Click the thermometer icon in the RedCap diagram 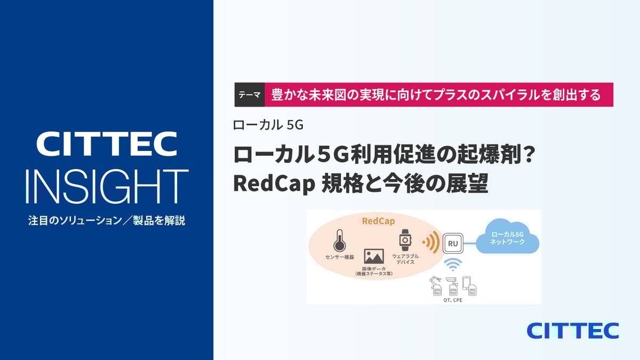click(x=339, y=241)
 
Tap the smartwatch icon click(x=405, y=240)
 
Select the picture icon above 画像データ click(x=374, y=257)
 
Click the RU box click(x=453, y=243)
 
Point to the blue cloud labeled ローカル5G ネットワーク click(x=507, y=237)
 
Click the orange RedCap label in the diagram click(x=378, y=221)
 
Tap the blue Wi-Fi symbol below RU click(x=453, y=265)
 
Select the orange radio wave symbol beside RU click(x=431, y=242)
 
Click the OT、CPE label click(x=453, y=300)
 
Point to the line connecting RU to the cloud click(x=470, y=243)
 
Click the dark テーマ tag click(x=250, y=94)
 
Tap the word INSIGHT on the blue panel click(x=107, y=186)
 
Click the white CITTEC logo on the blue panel click(x=107, y=143)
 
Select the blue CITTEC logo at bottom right click(x=573, y=331)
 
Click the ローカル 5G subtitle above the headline click(x=268, y=125)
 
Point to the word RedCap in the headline click(x=274, y=183)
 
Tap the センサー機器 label click(x=340, y=257)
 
